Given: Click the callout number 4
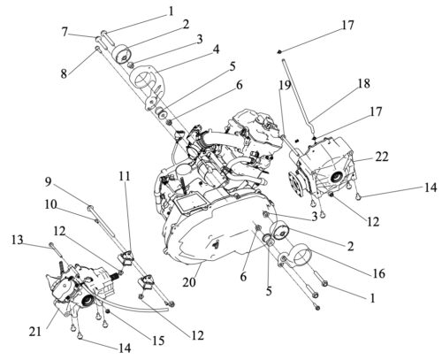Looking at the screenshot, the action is click(x=216, y=50).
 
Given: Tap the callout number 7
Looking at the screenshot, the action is click(x=65, y=32).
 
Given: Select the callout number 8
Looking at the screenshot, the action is click(x=65, y=73).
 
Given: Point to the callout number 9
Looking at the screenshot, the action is click(x=48, y=181).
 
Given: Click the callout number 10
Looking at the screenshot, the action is click(x=51, y=204).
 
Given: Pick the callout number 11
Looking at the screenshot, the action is click(x=125, y=176).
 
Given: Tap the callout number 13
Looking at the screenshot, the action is click(x=18, y=240).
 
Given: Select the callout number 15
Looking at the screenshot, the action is click(x=158, y=341).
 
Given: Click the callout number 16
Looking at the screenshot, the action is click(x=379, y=273).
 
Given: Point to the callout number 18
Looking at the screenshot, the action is click(x=364, y=83).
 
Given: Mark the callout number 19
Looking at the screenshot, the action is click(x=286, y=85).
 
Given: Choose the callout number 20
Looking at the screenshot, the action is click(x=189, y=282).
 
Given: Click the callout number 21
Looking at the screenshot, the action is click(x=35, y=332).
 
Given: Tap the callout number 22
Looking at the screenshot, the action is click(x=382, y=157).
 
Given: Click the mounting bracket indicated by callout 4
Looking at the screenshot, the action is click(x=148, y=86).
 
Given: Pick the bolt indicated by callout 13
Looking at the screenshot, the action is click(x=57, y=251).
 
